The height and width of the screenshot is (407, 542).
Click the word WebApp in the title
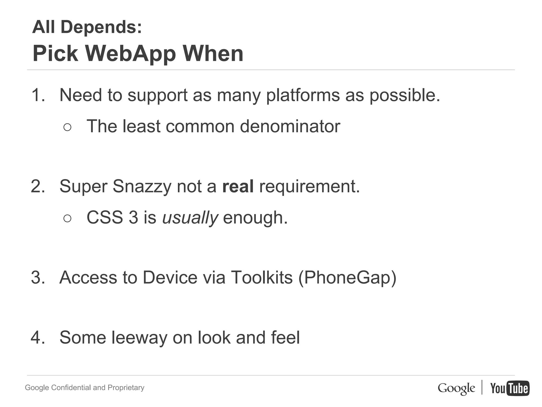pos(130,54)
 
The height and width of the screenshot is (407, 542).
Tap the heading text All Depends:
pos(87,27)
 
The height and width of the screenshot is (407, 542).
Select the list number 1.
pos(38,95)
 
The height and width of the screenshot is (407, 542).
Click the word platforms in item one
pos(303,95)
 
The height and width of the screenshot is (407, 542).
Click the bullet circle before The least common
pos(67,127)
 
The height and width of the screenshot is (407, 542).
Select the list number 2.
pos(38,186)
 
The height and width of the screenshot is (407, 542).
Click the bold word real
pos(238,186)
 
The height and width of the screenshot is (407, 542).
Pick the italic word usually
pos(190,218)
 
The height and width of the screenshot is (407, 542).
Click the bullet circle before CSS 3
pos(67,219)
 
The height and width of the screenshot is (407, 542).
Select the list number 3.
pos(38,278)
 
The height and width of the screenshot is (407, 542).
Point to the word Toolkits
pos(262,278)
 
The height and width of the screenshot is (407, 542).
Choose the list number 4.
pos(38,338)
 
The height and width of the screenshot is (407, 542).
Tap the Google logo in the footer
pos(456,388)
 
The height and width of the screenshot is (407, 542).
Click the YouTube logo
pos(510,388)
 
